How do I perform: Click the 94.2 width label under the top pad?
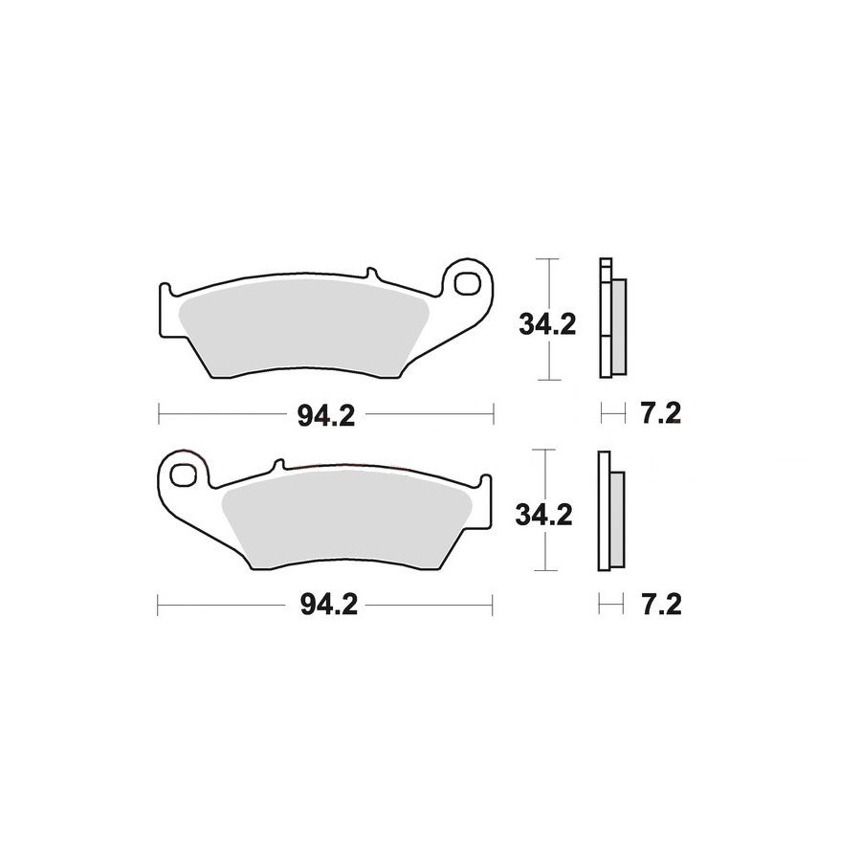[326, 415]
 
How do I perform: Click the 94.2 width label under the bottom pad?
[329, 606]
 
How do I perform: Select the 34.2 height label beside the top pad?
[547, 325]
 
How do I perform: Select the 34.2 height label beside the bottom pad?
[543, 515]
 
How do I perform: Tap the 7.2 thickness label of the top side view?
[661, 413]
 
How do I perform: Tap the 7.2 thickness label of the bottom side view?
[661, 605]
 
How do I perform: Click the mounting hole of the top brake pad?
[467, 284]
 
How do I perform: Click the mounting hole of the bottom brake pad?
[183, 475]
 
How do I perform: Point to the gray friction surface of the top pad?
[303, 328]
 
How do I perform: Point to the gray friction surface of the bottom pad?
[347, 519]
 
